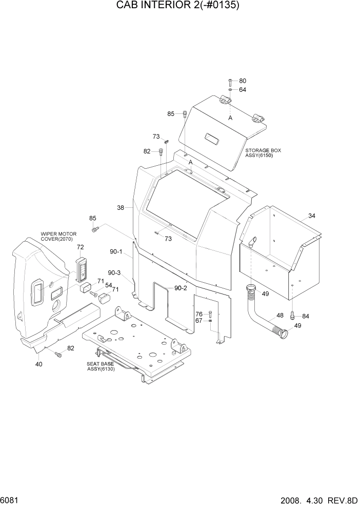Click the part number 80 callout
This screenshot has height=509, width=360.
click(x=243, y=81)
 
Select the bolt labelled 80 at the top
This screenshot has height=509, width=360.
click(x=230, y=82)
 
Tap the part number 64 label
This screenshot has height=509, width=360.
click(x=243, y=90)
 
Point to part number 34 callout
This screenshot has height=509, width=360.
click(x=312, y=216)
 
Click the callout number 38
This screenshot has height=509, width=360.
click(x=121, y=208)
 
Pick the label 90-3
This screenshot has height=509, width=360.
click(x=114, y=273)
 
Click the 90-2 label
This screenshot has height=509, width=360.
click(x=181, y=288)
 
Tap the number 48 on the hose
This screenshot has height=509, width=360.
click(x=280, y=316)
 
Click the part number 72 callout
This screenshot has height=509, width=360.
click(x=80, y=247)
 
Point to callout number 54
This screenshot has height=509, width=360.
click(x=109, y=285)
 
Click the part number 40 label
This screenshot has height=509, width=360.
click(x=38, y=364)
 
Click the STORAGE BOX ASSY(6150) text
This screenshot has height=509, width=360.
click(x=263, y=153)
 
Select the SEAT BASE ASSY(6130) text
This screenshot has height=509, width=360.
click(x=101, y=366)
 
